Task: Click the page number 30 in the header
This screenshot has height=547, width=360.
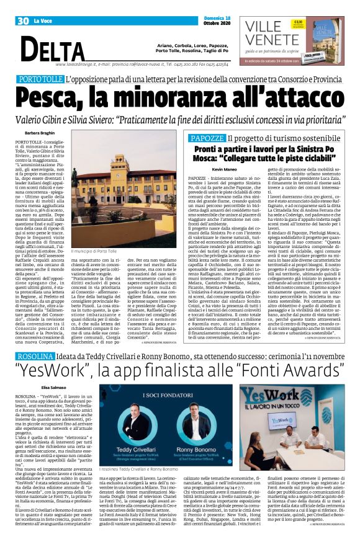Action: [x=22, y=20]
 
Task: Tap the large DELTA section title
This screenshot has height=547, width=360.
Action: [x=57, y=48]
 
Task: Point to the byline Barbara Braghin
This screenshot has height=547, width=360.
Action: [x=40, y=133]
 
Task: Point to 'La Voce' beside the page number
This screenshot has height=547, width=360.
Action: [x=43, y=20]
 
